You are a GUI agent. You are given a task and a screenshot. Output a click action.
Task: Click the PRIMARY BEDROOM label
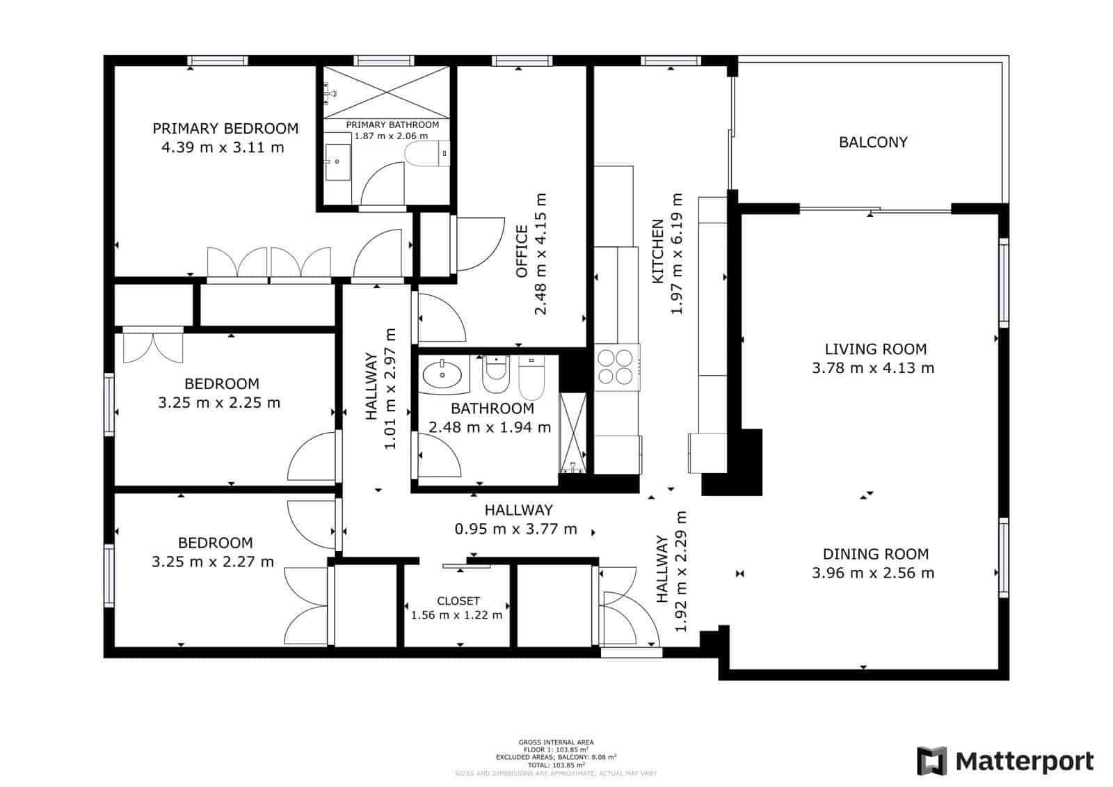point(225,128)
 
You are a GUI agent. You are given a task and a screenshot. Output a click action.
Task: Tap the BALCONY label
point(873,142)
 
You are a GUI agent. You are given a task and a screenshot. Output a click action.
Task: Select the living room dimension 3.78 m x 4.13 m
point(873,368)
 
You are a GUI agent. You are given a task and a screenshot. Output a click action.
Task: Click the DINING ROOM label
point(875,554)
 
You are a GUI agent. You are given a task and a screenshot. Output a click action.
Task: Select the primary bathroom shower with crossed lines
point(387,92)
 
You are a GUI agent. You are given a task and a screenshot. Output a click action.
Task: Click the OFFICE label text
point(522,251)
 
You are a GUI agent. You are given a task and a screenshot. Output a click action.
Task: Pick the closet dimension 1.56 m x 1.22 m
point(456,615)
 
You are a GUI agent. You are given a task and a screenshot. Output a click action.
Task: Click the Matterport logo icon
point(931,761)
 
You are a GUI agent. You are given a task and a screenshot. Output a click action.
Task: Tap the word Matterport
point(1025,761)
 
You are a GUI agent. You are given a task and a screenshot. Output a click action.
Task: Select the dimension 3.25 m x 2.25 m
point(219,402)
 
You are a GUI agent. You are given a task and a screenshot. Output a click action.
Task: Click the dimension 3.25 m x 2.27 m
point(213,562)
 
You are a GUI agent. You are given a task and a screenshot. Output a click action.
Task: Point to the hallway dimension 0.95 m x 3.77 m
point(515,529)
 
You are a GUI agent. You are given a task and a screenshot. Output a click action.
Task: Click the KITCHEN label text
point(657,251)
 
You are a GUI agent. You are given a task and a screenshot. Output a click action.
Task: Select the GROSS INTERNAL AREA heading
point(556,742)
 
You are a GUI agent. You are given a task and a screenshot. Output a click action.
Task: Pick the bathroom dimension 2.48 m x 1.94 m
point(490,427)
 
